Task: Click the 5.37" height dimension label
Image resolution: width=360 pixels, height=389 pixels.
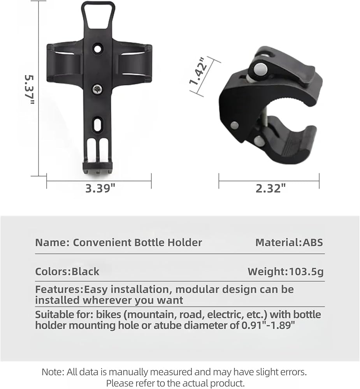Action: click(29, 89)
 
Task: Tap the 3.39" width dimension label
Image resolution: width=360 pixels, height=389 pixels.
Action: click(100, 189)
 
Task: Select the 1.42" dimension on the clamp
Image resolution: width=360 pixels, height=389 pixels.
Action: click(198, 71)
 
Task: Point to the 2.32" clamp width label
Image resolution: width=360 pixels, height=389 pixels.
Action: click(270, 189)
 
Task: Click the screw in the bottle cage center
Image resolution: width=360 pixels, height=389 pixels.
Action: click(98, 89)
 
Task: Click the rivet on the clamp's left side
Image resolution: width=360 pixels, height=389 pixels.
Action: click(234, 125)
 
